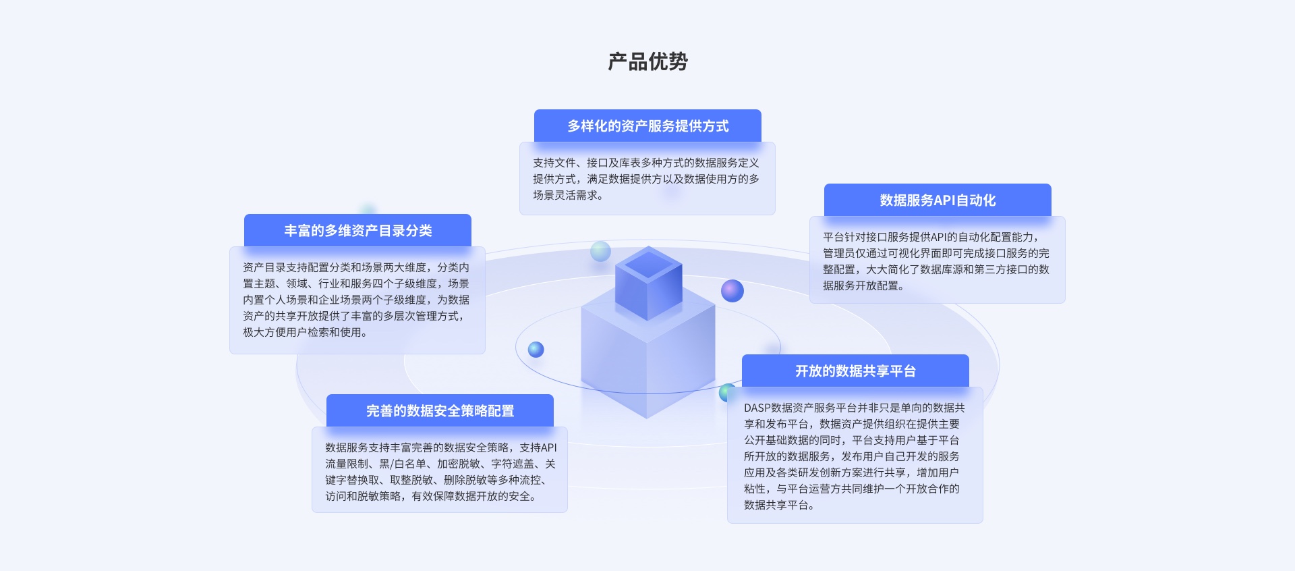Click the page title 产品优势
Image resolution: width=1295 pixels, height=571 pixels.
tap(647, 61)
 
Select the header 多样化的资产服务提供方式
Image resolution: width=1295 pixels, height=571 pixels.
tap(647, 126)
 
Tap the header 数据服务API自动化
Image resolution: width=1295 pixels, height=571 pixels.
tap(938, 200)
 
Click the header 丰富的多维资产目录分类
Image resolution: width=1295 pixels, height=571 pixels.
tap(357, 231)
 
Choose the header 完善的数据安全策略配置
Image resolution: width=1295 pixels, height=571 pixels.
tap(440, 411)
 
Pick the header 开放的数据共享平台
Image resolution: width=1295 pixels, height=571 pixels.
tap(855, 371)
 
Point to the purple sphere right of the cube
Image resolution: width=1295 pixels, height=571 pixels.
tap(732, 291)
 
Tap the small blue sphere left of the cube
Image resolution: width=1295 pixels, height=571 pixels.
tap(536, 350)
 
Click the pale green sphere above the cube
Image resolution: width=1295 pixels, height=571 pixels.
tap(600, 251)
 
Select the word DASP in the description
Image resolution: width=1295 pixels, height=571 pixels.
tap(757, 408)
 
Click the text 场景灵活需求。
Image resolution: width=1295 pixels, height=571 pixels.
tap(568, 195)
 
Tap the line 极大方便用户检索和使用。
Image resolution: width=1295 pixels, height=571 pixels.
tap(305, 332)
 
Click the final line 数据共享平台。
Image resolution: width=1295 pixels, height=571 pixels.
tap(779, 505)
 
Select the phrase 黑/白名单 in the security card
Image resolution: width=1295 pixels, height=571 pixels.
tap(403, 464)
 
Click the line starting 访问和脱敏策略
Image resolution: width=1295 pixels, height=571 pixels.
tap(430, 496)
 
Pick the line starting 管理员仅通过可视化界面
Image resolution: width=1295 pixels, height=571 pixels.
tap(936, 253)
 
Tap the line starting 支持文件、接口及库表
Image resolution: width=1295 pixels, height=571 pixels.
tap(645, 163)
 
